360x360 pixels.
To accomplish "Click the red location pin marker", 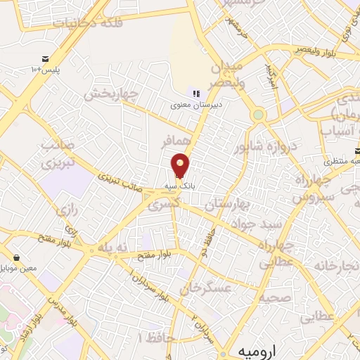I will pyautogui.click(x=181, y=165).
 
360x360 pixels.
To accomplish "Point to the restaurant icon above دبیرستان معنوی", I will pyautogui.click(x=195, y=94).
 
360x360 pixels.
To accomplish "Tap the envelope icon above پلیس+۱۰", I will pyautogui.click(x=46, y=59).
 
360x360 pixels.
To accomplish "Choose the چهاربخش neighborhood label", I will pyautogui.click(x=109, y=94).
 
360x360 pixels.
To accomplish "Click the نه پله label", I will pyautogui.click(x=115, y=247).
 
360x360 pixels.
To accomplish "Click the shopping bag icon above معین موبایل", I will pyautogui.click(x=26, y=258).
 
